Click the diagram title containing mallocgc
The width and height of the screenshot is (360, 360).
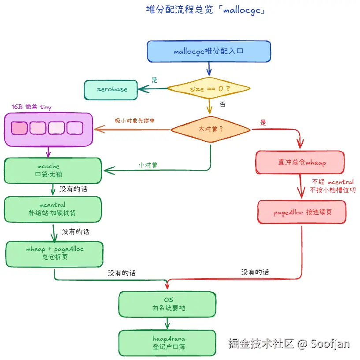coord(205,10)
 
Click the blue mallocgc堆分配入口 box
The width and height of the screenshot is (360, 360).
coord(208,51)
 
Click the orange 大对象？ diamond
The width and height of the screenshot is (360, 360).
coord(211,129)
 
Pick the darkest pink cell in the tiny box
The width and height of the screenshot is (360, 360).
coord(19,128)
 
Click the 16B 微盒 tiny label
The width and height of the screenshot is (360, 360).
coord(31,107)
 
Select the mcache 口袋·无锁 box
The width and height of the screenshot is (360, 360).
coord(52,171)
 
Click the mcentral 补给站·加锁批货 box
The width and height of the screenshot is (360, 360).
coord(52,209)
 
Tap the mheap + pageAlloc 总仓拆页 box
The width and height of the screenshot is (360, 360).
coord(54,253)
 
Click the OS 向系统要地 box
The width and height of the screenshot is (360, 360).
coord(167,304)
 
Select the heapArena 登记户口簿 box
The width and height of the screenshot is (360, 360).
coord(167,342)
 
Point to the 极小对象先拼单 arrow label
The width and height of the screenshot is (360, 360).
coord(132,121)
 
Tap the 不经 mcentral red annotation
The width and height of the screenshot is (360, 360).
coord(333,182)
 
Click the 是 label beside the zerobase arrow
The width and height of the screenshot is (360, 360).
coord(154,80)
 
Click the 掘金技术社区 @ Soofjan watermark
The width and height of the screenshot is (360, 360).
coord(289,344)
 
